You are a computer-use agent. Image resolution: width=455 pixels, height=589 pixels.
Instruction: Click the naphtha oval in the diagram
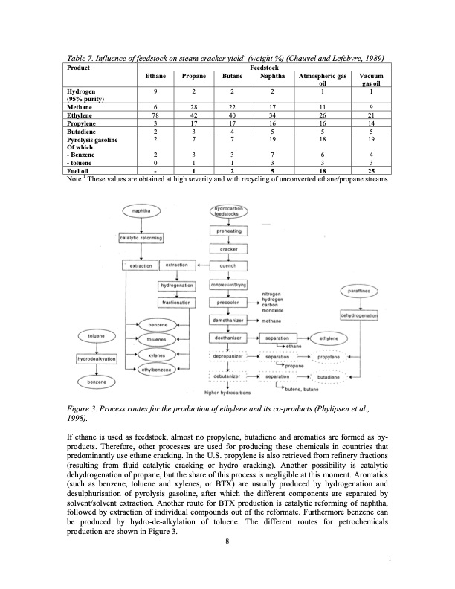tap(140, 211)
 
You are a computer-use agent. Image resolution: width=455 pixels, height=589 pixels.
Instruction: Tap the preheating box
tap(233, 232)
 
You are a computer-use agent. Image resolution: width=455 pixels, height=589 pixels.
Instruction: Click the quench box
tap(233, 265)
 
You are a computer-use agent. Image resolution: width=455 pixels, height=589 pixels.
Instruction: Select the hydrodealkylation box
tap(97, 359)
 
